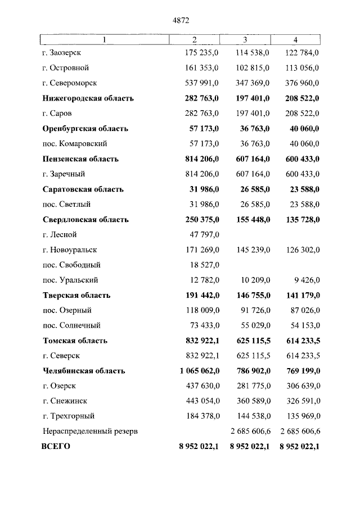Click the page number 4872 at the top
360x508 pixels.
(180, 20)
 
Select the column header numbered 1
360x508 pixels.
(104, 39)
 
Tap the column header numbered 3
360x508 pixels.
(245, 39)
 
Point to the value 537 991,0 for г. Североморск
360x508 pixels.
(202, 83)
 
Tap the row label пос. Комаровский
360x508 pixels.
(75, 144)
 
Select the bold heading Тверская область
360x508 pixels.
(76, 296)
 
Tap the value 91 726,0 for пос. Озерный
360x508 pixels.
(251, 311)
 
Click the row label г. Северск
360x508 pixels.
(61, 356)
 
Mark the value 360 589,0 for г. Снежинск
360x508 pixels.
(249, 402)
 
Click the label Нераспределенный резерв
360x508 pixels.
(90, 432)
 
